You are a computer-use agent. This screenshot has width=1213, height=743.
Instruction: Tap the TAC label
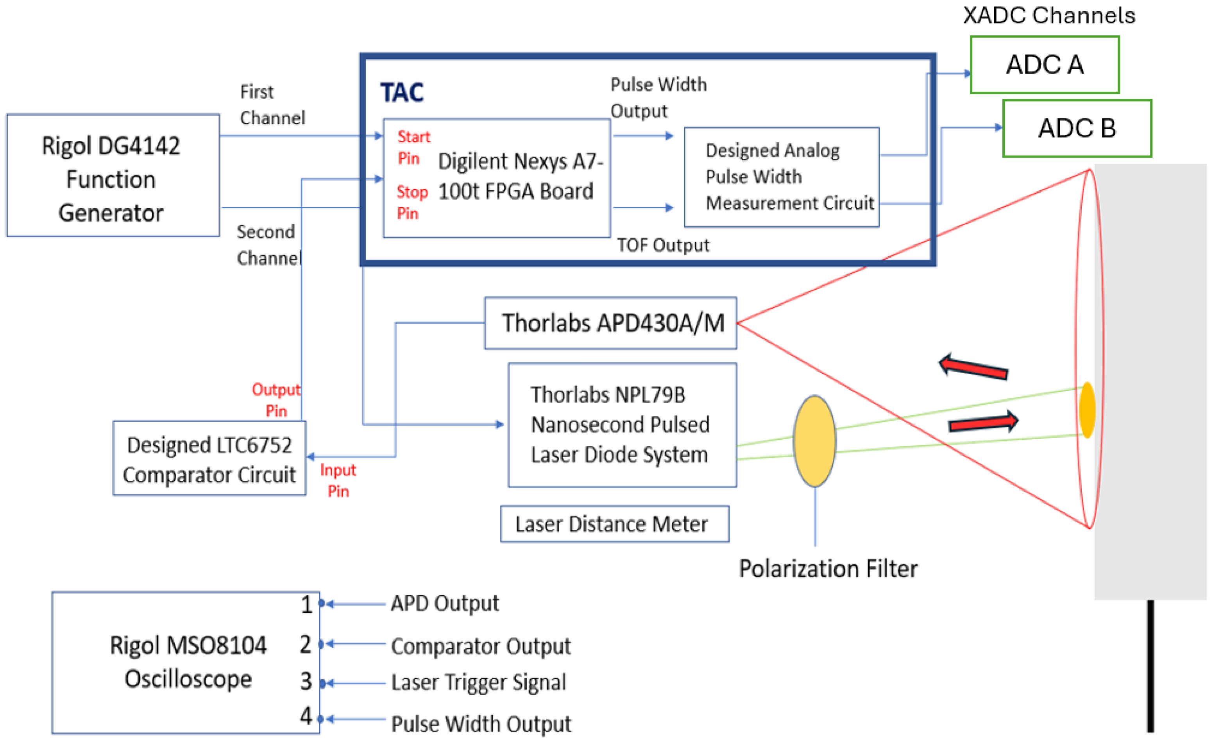pyautogui.click(x=402, y=93)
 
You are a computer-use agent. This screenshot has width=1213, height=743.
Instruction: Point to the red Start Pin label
pyautogui.click(x=413, y=147)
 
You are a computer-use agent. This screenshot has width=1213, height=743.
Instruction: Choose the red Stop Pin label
pyautogui.click(x=412, y=202)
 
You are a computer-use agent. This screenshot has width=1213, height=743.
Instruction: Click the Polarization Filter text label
pyautogui.click(x=828, y=569)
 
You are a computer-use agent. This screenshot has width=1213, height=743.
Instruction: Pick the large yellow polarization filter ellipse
pyautogui.click(x=815, y=441)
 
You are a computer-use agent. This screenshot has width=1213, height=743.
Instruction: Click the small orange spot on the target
pyautogui.click(x=1087, y=410)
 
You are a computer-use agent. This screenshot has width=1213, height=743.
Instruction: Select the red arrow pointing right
pyautogui.click(x=984, y=423)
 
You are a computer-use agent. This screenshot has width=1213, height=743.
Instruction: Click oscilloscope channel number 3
pyautogui.click(x=306, y=682)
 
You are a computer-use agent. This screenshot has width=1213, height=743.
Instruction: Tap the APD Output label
pyautogui.click(x=445, y=603)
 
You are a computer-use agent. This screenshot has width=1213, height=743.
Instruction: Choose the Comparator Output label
pyautogui.click(x=481, y=646)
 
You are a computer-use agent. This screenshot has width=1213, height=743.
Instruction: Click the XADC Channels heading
pyautogui.click(x=1049, y=15)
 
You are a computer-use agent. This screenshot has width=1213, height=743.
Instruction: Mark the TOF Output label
pyautogui.click(x=663, y=245)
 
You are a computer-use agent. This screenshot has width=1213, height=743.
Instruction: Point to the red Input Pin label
pyautogui.click(x=338, y=481)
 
